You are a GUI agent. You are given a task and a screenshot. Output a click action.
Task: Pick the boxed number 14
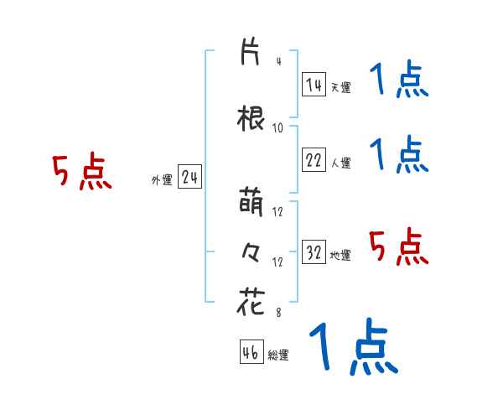314,85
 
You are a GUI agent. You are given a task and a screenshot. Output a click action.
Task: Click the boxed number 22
314,161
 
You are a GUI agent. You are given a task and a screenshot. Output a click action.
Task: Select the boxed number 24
189,178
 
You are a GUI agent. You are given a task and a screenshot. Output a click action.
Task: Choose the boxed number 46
251,353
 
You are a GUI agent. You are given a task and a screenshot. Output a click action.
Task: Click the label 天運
340,87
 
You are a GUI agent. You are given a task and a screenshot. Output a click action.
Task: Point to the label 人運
340,163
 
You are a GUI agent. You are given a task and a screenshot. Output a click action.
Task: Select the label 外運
162,180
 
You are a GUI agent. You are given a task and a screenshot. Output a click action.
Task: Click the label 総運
277,355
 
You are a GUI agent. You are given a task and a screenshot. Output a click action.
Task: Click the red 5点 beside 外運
81,173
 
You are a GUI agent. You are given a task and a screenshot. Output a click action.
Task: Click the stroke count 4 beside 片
278,61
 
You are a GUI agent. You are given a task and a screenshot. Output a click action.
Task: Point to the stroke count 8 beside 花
278,314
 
